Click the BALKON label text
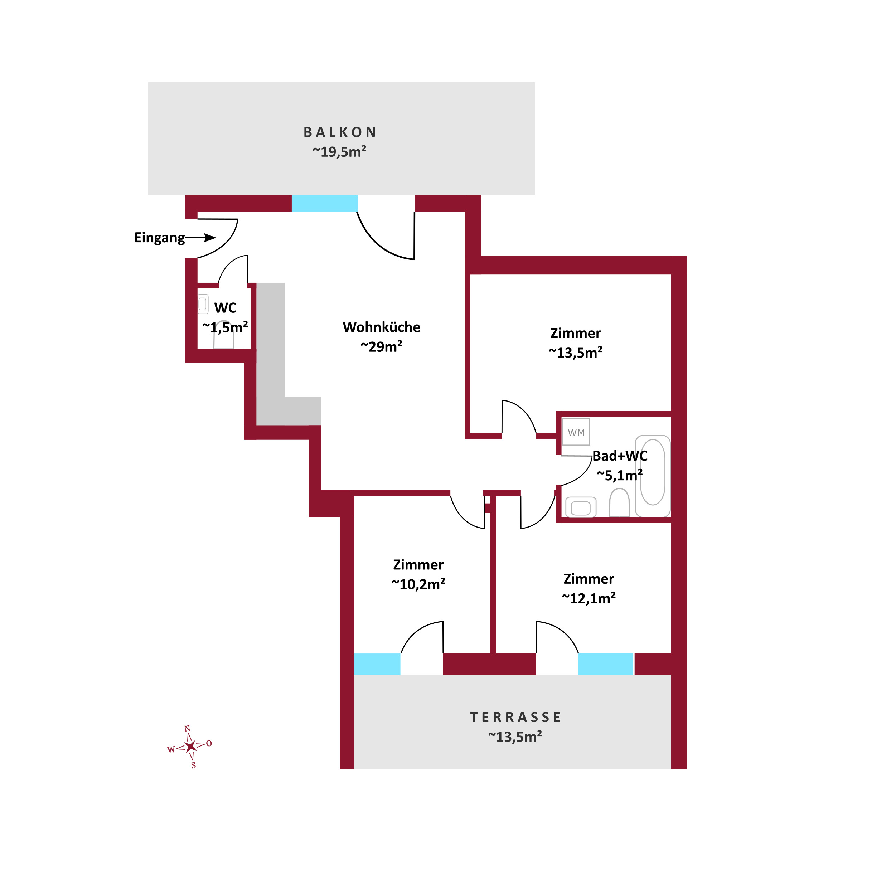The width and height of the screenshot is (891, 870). [x=340, y=132]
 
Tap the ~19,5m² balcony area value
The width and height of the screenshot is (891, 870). [x=339, y=152]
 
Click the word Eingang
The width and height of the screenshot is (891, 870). [x=159, y=238]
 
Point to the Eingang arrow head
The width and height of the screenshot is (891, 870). [x=210, y=238]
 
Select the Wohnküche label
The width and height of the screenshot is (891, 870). [x=381, y=327]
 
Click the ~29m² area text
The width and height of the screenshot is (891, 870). [x=381, y=347]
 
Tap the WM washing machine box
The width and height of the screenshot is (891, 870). [x=576, y=432]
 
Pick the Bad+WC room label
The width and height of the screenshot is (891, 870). [x=620, y=456]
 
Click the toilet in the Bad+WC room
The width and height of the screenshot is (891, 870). [x=619, y=502]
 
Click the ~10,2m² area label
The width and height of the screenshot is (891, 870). [x=418, y=584]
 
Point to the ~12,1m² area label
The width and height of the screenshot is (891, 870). [x=589, y=599]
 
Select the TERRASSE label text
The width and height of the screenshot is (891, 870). [x=515, y=718]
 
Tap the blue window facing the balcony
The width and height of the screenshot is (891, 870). [x=325, y=203]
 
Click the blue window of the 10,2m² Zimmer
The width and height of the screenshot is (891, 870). [x=377, y=664]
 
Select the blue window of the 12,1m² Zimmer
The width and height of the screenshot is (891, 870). [x=606, y=664]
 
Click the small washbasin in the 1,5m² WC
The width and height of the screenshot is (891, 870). [x=203, y=304]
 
